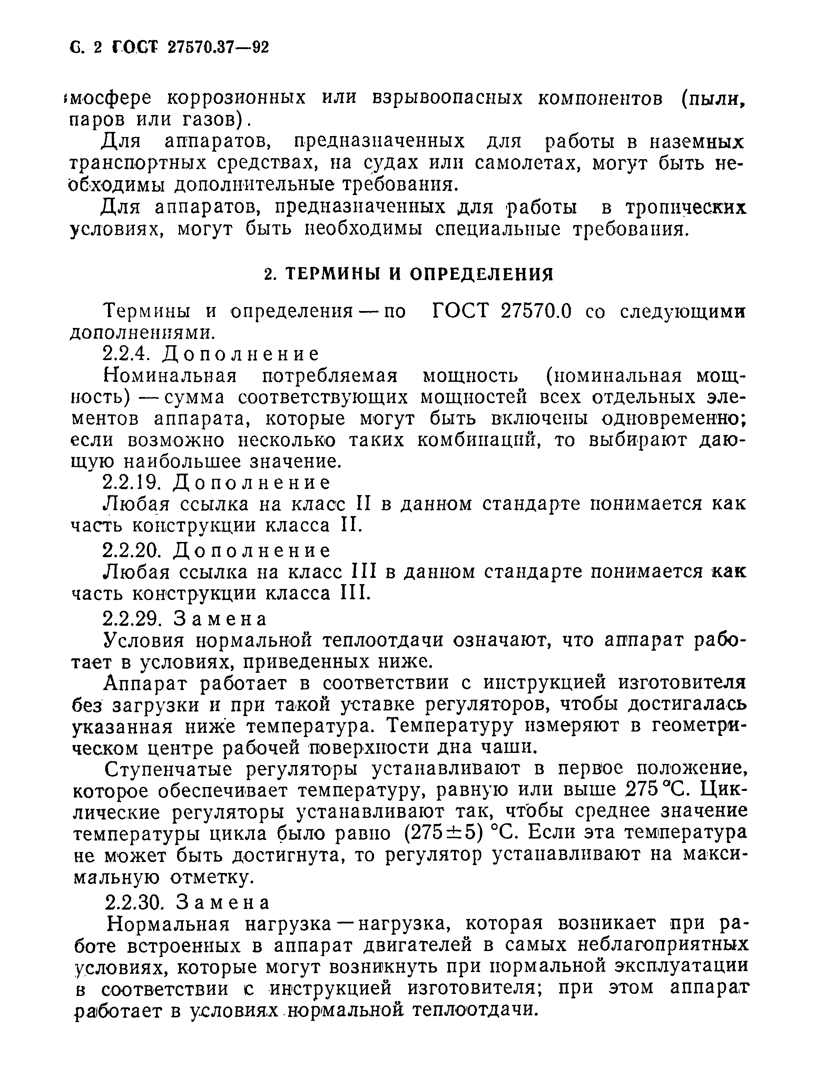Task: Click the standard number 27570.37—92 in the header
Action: coord(218,48)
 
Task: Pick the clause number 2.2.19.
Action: coord(131,483)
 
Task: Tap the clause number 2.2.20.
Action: coord(131,550)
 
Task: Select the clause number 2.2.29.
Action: coord(131,618)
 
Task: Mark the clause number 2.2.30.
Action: coord(132,902)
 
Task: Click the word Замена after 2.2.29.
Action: coord(220,619)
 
